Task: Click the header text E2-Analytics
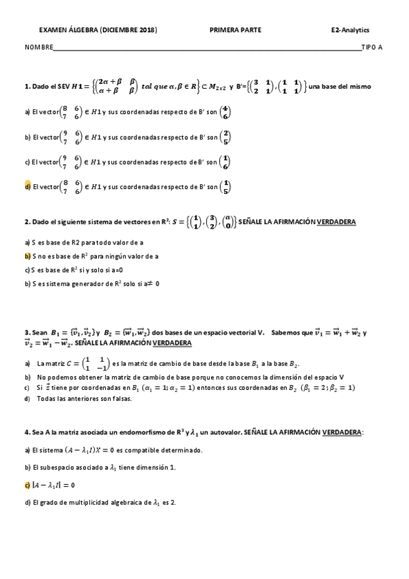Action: tap(349, 30)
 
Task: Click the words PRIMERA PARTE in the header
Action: tap(235, 30)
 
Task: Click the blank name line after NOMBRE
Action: tap(205, 48)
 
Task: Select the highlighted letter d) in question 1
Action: tap(27, 186)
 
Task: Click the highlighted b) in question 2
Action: tap(27, 256)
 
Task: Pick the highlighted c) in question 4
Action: tap(27, 485)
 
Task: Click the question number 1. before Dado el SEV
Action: tap(27, 87)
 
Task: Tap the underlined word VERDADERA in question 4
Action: tap(342, 433)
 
